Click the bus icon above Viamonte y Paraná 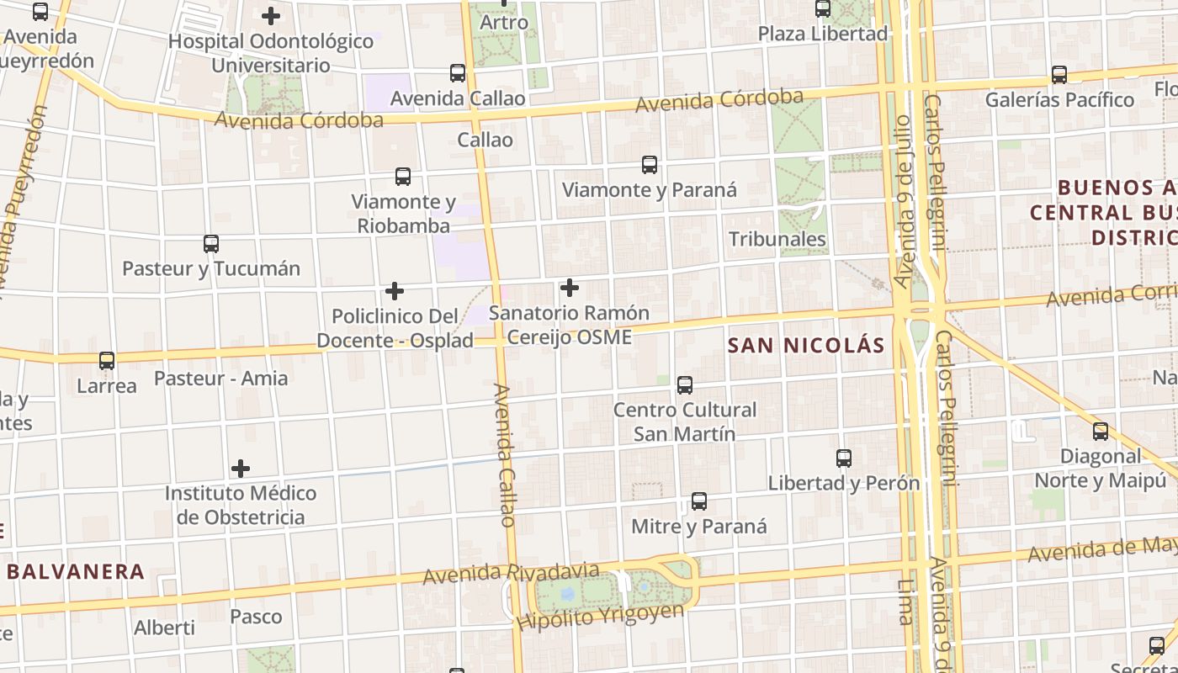[649, 165]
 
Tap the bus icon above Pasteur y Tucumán [211, 244]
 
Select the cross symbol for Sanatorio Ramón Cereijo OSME [570, 289]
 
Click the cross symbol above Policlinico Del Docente [395, 292]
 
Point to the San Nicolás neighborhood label [806, 346]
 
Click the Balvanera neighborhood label [76, 572]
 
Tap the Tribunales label [777, 240]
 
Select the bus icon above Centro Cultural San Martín [685, 385]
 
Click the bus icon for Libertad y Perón [844, 458]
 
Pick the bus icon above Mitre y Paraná [698, 502]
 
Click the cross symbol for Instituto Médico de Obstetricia [241, 469]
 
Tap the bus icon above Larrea [107, 361]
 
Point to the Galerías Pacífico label [1059, 100]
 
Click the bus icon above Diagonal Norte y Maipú [1100, 432]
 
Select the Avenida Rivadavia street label [511, 574]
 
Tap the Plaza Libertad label [823, 34]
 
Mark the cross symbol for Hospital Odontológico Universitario [271, 16]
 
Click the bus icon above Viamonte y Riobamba [403, 177]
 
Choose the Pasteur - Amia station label [220, 379]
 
